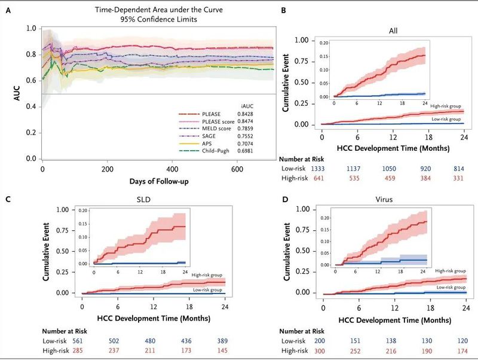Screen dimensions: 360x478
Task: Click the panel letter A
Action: pos(7,8)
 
